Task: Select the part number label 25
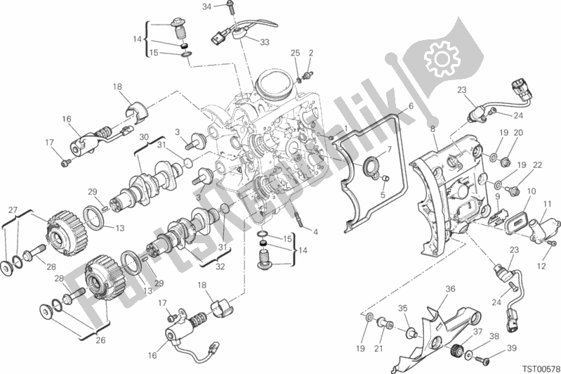[296, 53]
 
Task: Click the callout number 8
[433, 129]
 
